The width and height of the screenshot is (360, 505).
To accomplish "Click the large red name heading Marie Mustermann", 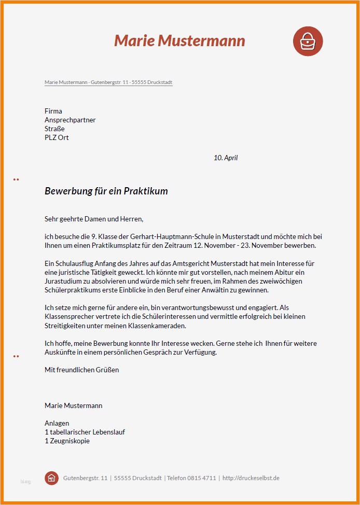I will click(179, 40).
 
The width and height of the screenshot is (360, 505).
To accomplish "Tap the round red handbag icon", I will click(308, 41).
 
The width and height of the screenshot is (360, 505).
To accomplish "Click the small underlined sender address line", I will click(108, 82).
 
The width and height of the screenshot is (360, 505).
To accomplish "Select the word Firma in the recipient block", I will click(53, 111).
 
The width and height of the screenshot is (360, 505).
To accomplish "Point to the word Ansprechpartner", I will click(70, 120).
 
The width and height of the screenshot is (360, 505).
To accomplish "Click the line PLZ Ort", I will click(57, 137).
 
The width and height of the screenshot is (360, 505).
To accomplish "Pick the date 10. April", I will click(226, 158).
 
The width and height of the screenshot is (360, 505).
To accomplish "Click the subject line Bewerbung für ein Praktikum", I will click(106, 191).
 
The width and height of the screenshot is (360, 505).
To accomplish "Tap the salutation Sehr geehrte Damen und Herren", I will click(93, 219).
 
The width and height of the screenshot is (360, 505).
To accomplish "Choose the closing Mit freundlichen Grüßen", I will click(81, 370).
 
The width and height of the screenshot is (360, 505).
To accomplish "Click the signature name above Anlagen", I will click(73, 405).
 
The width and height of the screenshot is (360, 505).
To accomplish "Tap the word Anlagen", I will click(57, 423).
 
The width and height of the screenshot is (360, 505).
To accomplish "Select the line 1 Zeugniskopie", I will click(67, 441).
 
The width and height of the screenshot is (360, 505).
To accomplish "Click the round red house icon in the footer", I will click(51, 478).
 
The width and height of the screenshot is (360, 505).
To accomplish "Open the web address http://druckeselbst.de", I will click(251, 478).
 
